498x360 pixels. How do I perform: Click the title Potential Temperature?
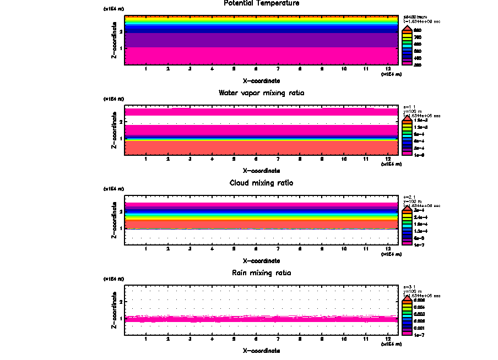pyautogui.click(x=262, y=3)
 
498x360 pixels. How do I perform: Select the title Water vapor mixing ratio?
pyautogui.click(x=262, y=93)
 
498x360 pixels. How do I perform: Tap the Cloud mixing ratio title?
pyautogui.click(x=262, y=183)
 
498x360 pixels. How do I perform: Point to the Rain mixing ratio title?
pyautogui.click(x=262, y=273)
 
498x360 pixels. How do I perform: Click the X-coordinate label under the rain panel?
pyautogui.click(x=262, y=351)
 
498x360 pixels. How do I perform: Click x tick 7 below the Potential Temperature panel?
pyautogui.click(x=278, y=69)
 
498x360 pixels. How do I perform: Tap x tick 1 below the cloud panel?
pyautogui.click(x=145, y=249)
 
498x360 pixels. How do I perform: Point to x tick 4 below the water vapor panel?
pyautogui.click(x=212, y=159)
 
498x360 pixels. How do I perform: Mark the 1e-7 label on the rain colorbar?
pyautogui.click(x=419, y=335)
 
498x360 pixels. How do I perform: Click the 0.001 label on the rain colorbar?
pyautogui.click(x=419, y=328)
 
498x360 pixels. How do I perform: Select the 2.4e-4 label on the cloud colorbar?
pyautogui.click(x=420, y=218)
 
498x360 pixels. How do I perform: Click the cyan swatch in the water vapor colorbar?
pyautogui.click(x=407, y=134)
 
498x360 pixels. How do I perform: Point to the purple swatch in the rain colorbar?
pyautogui.click(x=407, y=331)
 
